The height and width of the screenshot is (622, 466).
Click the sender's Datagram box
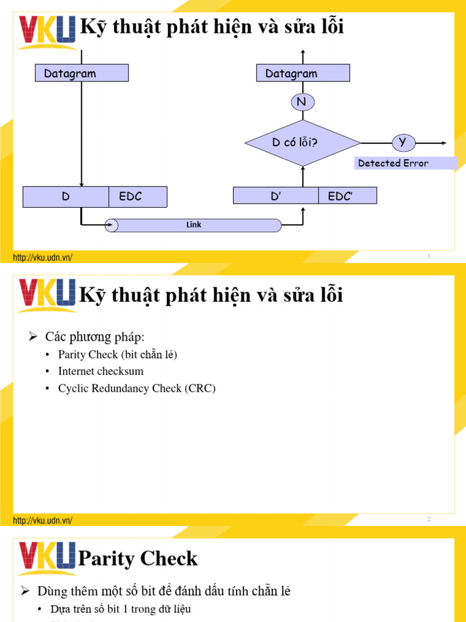[x=81, y=73]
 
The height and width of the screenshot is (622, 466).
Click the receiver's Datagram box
[x=303, y=73]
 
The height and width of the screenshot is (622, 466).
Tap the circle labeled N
[x=302, y=102]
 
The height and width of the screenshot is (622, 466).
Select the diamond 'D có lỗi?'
[x=302, y=143]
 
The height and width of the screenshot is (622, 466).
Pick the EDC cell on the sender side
[x=138, y=197]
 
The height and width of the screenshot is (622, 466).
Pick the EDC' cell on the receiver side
[x=347, y=196]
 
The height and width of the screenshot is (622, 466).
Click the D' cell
[x=276, y=196]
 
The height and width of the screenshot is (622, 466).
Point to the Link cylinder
[x=194, y=225]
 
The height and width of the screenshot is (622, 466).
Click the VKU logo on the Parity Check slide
[x=47, y=558]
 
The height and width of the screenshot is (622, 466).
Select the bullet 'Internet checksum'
[x=101, y=371]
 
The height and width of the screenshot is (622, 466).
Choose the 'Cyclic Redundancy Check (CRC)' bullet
[x=137, y=388]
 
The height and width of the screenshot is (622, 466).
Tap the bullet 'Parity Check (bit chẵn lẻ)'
[x=117, y=354]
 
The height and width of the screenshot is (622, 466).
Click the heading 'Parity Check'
[x=138, y=559]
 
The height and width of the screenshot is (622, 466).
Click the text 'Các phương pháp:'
[x=95, y=337]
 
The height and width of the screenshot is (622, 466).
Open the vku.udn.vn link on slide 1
[x=42, y=258]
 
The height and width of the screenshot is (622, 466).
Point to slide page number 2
[x=428, y=519]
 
